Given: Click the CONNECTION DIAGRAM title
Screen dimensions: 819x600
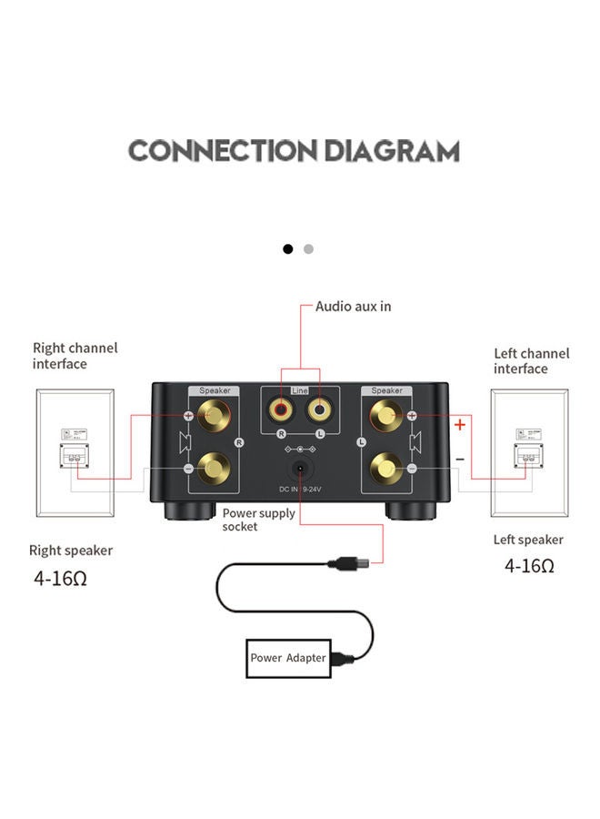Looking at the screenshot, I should [x=294, y=150].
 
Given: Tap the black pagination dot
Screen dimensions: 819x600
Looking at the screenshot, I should [x=288, y=248].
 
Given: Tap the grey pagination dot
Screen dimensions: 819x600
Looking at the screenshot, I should [x=308, y=248].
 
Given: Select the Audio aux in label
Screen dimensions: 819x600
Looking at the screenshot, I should [x=354, y=307].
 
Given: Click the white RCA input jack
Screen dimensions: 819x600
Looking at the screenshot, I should [x=317, y=410].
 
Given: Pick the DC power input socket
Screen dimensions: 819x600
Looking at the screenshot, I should [x=298, y=470].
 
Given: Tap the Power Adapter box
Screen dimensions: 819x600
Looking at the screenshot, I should [x=287, y=658].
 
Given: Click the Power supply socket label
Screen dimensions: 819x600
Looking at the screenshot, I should [x=259, y=520].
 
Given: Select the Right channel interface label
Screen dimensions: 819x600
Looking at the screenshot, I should [x=75, y=356].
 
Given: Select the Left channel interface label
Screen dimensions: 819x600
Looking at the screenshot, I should [x=532, y=361].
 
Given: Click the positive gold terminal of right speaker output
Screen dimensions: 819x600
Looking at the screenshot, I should [x=215, y=417].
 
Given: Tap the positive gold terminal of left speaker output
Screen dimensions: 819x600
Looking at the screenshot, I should [x=385, y=417].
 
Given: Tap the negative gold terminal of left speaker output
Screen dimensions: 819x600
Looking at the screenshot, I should [x=385, y=470].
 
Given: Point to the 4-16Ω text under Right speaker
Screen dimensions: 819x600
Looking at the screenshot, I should [x=61, y=577].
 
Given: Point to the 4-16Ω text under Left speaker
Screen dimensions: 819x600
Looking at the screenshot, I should [x=529, y=565].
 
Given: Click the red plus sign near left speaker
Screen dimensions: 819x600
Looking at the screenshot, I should [x=460, y=424].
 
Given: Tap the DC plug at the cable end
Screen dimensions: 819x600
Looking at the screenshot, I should [x=343, y=564].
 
